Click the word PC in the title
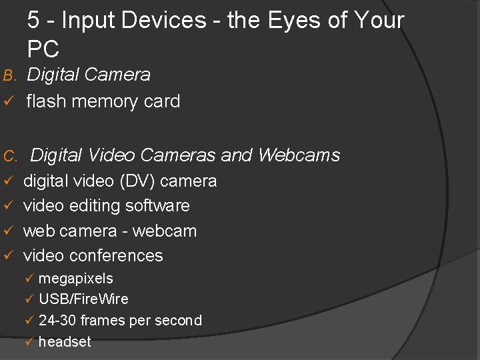[x=43, y=49]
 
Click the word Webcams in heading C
[x=299, y=155]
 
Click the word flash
[x=46, y=101]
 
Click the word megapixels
[x=75, y=279]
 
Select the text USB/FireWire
[x=83, y=299]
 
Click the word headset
[x=65, y=342]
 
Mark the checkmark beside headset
[x=29, y=342]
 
